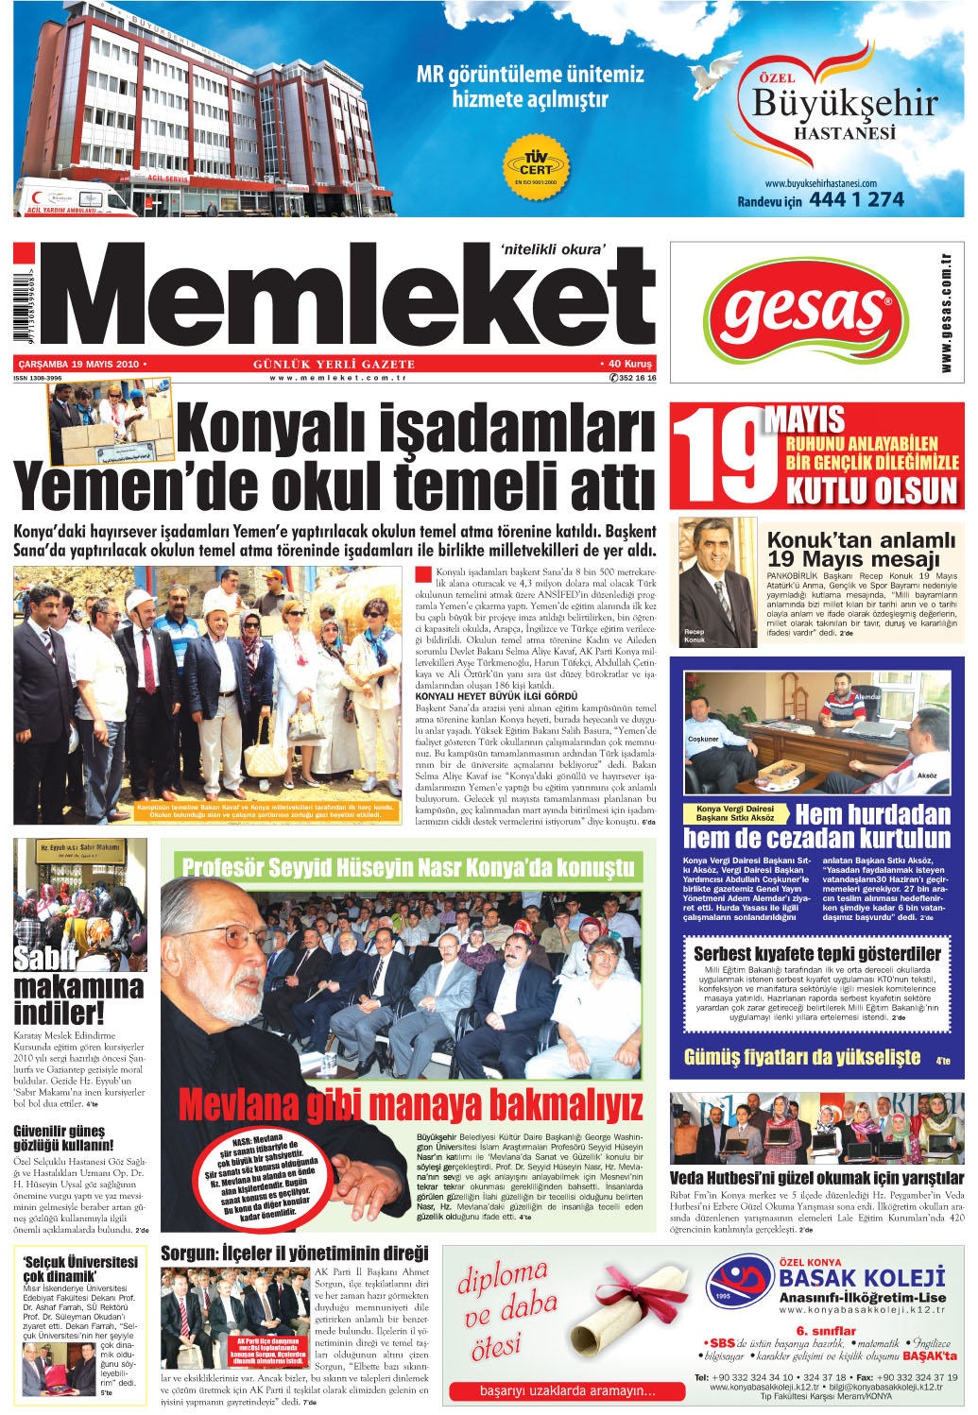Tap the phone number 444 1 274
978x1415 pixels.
pyautogui.click(x=856, y=199)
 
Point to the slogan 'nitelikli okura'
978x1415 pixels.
pyautogui.click(x=553, y=249)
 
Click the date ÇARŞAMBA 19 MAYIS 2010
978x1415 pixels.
pyautogui.click(x=79, y=364)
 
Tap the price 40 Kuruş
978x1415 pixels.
pyautogui.click(x=627, y=364)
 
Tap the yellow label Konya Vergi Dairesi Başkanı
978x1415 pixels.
pyautogui.click(x=735, y=813)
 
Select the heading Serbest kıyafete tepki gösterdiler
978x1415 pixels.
pyautogui.click(x=816, y=953)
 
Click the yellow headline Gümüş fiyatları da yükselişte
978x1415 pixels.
pyautogui.click(x=801, y=1057)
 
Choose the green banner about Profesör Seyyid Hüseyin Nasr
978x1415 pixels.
pyautogui.click(x=407, y=867)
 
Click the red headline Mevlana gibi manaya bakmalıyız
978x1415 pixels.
pyautogui.click(x=410, y=1103)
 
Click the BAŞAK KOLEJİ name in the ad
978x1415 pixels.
pyautogui.click(x=861, y=1278)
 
